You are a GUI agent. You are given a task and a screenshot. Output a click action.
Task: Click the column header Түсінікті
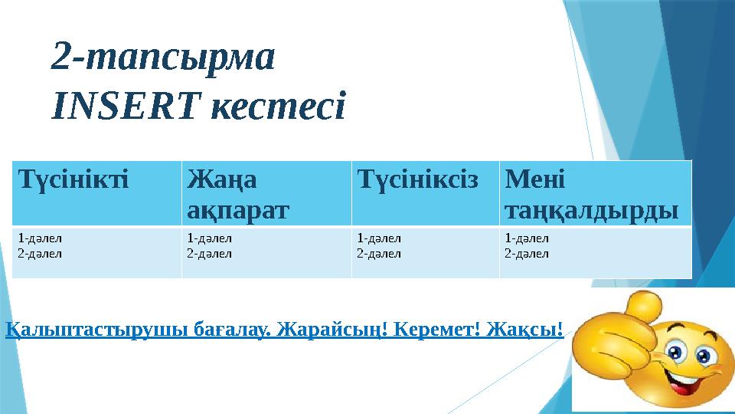coord(73,181)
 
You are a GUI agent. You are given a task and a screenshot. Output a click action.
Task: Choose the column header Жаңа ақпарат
coord(237,194)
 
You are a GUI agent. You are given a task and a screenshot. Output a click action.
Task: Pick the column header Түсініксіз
coord(417,181)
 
